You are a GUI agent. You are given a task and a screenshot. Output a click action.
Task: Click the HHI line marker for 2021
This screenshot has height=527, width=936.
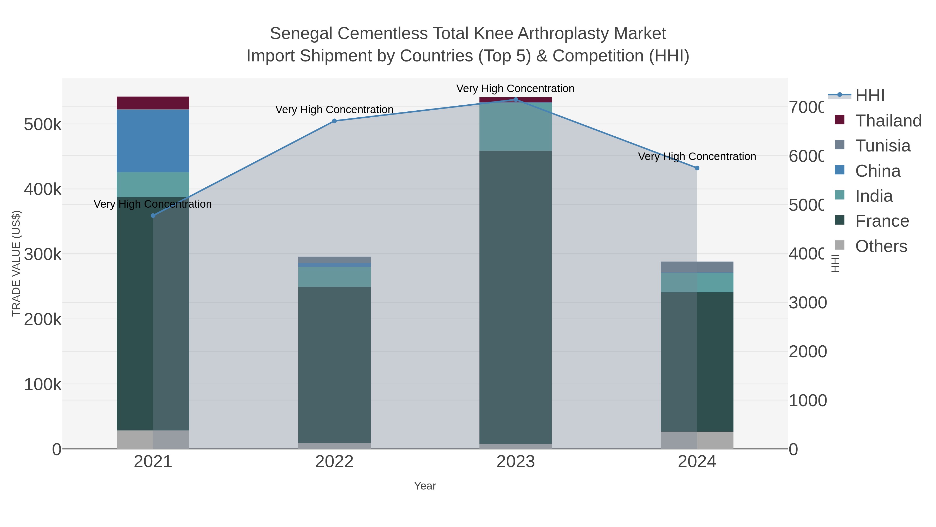[153, 216]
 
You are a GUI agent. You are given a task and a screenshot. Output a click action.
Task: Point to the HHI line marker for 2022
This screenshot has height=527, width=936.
[334, 121]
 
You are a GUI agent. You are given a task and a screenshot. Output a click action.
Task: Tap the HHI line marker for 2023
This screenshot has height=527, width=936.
[516, 100]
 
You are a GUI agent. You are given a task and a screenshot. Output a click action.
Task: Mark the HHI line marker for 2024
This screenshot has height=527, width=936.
[697, 168]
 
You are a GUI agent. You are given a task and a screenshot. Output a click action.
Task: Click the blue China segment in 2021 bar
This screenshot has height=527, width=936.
[153, 141]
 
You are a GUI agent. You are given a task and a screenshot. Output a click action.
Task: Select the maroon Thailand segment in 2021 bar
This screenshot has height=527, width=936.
[153, 103]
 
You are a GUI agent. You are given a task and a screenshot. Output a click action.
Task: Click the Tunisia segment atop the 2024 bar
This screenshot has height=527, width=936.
[697, 267]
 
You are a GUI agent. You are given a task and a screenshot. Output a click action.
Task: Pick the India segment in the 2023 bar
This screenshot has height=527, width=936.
[516, 126]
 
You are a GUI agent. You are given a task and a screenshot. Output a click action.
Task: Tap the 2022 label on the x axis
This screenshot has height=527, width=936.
[334, 462]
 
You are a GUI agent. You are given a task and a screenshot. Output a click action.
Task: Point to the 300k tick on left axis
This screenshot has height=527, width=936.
[43, 254]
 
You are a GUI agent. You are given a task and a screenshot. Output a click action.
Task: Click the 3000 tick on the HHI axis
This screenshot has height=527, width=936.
[807, 303]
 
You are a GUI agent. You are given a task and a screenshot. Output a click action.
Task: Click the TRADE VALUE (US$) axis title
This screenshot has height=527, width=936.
[16, 263]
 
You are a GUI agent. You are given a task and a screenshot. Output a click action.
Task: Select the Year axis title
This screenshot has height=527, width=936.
[425, 486]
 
